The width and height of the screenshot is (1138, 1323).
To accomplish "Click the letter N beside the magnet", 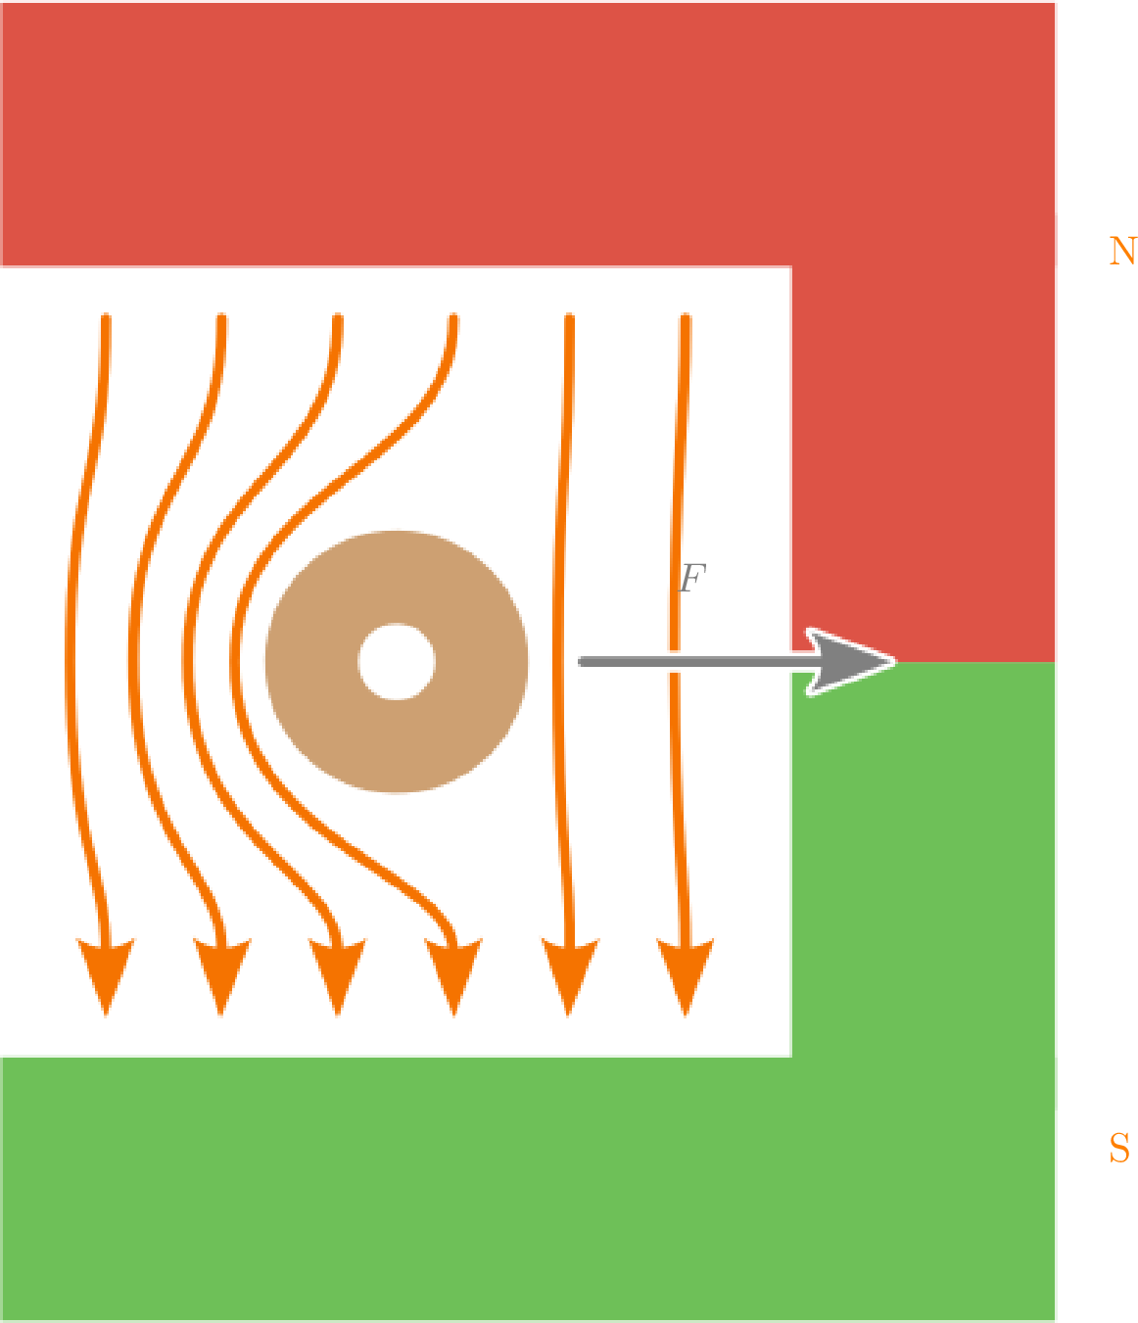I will (1121, 252).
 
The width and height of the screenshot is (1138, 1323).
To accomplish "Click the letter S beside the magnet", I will (1118, 1148).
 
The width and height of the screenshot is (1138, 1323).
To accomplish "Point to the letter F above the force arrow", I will (691, 578).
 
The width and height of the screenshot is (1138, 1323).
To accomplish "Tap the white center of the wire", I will (397, 661).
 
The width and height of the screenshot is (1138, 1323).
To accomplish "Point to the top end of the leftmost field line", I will (105, 318).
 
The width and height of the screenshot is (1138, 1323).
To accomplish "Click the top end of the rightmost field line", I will (685, 318).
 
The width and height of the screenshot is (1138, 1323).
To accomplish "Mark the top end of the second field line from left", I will (222, 318).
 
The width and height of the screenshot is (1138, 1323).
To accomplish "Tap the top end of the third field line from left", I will (338, 318).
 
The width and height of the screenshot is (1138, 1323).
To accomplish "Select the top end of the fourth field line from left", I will (453, 318).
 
